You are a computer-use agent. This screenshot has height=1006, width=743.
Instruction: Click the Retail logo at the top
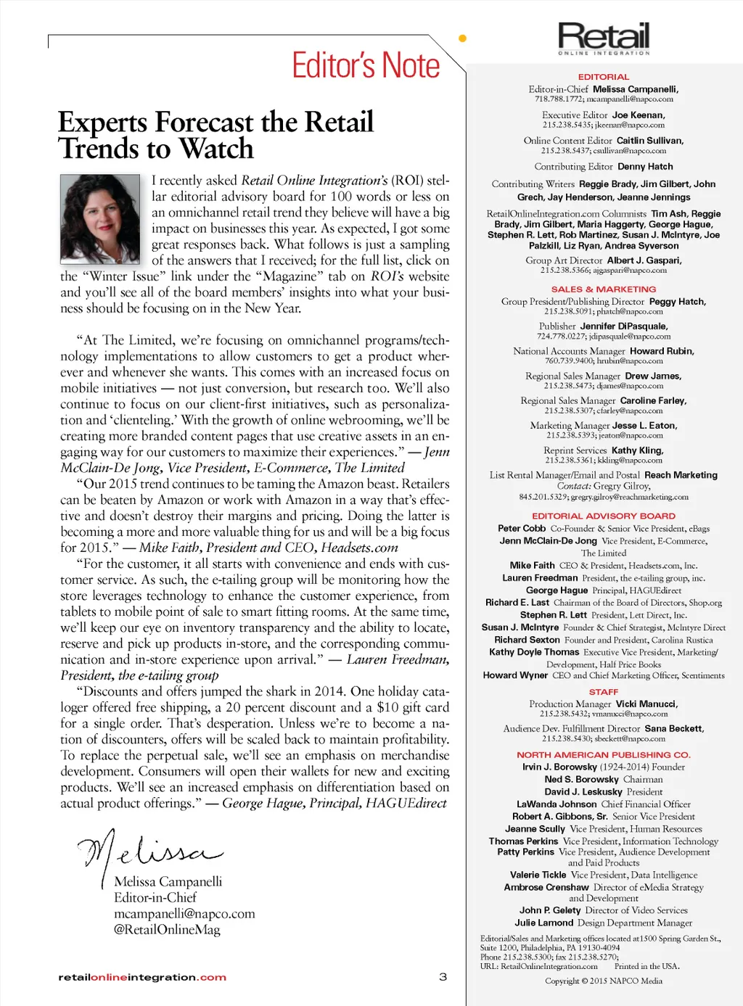click(x=604, y=38)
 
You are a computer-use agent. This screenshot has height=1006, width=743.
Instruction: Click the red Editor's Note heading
click(x=366, y=65)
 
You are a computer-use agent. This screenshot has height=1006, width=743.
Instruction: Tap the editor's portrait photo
click(x=99, y=219)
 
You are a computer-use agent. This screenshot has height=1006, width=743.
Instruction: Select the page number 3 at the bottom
click(x=443, y=977)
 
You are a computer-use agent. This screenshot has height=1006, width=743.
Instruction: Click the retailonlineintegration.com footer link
click(x=142, y=978)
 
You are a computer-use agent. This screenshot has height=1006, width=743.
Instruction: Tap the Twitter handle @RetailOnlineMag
click(x=167, y=930)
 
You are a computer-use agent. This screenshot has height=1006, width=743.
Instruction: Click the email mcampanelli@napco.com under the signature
click(x=184, y=914)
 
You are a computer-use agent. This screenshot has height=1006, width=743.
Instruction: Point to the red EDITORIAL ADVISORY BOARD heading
click(x=604, y=516)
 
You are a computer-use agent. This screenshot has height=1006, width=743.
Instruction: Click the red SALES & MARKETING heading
click(x=604, y=289)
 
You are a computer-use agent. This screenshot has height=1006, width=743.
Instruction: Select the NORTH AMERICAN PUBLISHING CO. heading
click(x=604, y=755)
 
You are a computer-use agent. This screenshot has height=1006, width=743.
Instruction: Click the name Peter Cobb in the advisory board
click(x=522, y=529)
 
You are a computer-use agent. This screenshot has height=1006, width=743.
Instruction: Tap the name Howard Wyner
click(x=515, y=675)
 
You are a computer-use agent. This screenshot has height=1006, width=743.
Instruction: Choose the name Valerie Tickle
click(x=538, y=875)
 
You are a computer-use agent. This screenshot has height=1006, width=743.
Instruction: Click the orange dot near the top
click(x=462, y=38)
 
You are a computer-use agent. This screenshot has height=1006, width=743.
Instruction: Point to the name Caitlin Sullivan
click(x=650, y=141)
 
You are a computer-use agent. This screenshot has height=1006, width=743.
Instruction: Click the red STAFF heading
click(x=604, y=692)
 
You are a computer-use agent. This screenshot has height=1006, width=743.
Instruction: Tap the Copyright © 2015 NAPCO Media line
click(x=604, y=981)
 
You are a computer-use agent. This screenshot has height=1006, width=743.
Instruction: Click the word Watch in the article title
click(x=216, y=149)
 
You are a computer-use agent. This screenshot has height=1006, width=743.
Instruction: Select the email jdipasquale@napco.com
click(x=630, y=337)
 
